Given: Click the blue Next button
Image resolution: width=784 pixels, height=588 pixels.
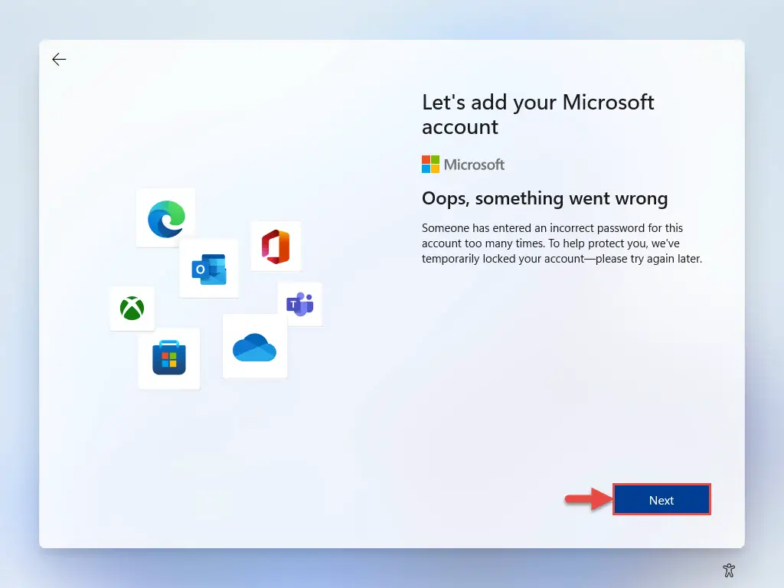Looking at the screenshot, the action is [661, 499].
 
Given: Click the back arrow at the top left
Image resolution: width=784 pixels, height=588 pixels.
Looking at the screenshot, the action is [59, 60].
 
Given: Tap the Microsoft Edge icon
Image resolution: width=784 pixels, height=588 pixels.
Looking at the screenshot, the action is [166, 219].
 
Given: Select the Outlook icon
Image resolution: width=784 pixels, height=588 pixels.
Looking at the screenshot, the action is [209, 269].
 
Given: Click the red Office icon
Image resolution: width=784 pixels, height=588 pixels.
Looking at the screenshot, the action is [276, 247].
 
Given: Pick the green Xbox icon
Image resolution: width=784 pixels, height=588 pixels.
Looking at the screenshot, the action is [132, 308].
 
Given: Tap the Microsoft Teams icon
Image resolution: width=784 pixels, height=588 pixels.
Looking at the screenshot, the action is [300, 304].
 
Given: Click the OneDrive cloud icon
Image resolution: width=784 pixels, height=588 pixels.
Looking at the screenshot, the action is [254, 347].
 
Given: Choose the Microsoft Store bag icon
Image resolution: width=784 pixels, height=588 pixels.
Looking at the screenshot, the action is [169, 358].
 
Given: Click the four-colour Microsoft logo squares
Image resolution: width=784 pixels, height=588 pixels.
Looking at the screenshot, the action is [430, 164].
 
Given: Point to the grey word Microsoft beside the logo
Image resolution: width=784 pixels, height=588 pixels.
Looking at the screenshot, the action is [474, 165].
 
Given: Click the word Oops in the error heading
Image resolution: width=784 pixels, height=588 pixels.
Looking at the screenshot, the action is [445, 199].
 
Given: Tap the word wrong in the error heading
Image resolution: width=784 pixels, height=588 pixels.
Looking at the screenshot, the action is [642, 199].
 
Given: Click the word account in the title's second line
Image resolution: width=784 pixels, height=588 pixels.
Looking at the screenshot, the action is [460, 127].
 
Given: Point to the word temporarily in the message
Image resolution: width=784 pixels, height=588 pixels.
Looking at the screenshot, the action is [450, 259].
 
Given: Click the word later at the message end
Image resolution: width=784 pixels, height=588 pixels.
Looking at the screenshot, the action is [688, 259].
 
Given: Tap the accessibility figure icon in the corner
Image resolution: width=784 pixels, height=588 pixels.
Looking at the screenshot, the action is [729, 570].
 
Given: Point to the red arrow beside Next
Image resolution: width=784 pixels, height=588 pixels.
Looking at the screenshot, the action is [589, 499].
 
